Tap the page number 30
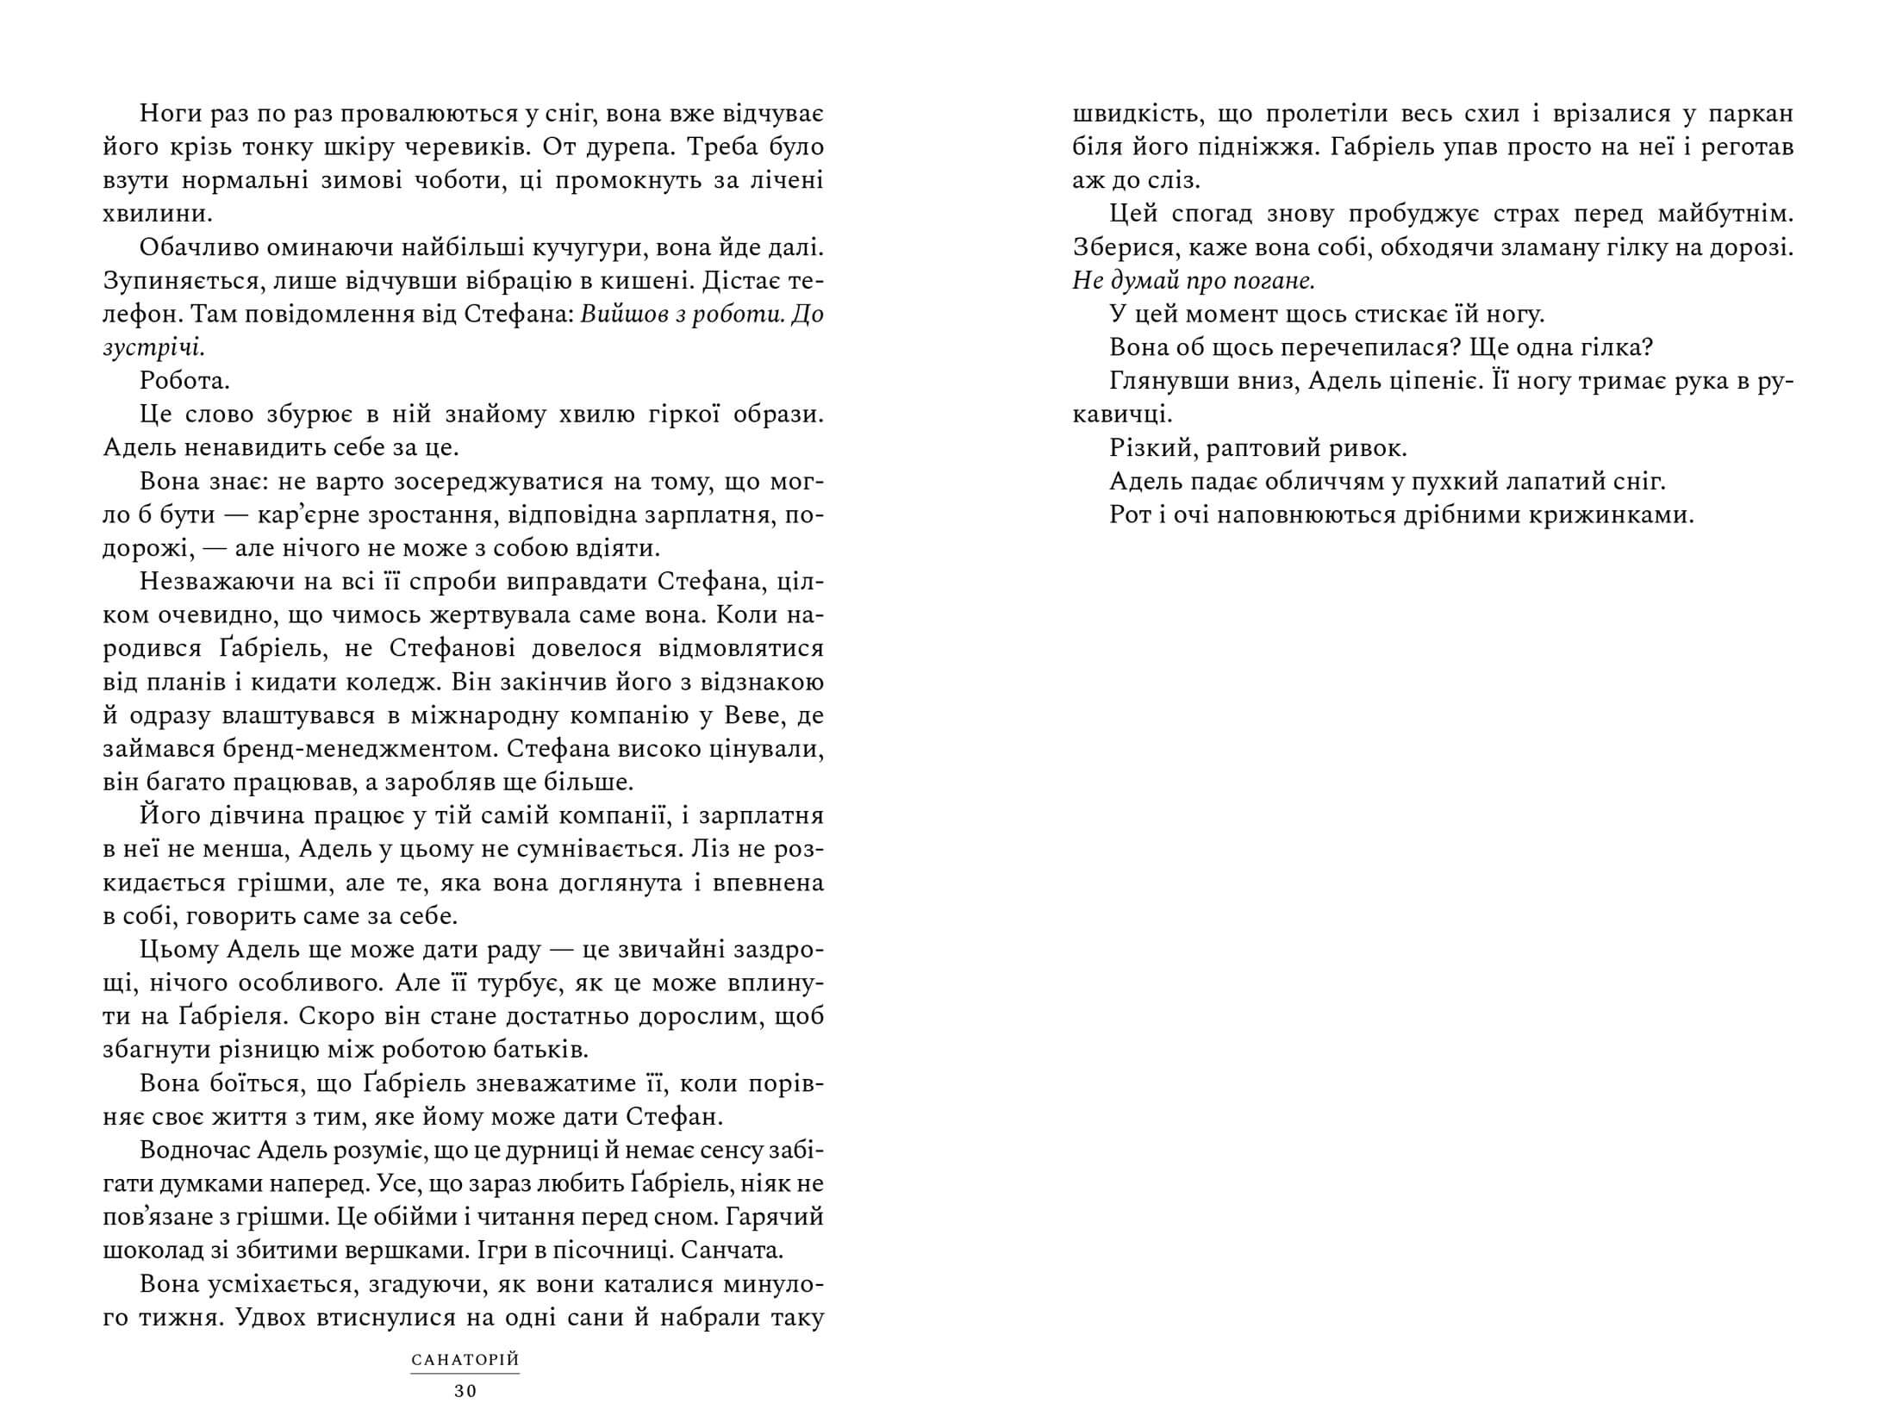465,1390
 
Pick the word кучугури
589,249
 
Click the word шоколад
162,1251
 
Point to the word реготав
1752,148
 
